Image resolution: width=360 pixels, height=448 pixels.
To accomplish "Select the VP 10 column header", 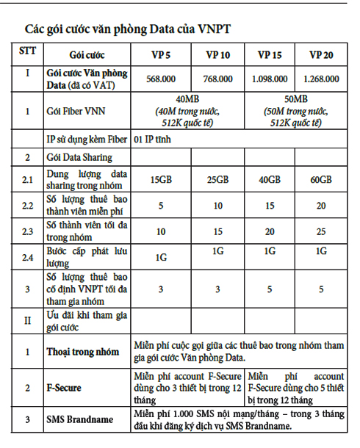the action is point(217,55).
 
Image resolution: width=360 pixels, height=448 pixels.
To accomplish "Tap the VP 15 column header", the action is point(270,55).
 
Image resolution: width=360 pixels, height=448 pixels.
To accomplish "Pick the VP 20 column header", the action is point(322,55).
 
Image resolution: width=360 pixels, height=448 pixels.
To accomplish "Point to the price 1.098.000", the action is point(270,79).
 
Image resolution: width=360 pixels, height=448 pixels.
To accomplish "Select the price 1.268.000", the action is point(322,79).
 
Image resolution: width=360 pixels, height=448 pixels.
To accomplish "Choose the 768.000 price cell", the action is point(217,79).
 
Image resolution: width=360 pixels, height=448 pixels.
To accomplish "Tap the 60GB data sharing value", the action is point(321,180).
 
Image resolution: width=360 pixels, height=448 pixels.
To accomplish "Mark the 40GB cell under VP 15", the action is point(270,180).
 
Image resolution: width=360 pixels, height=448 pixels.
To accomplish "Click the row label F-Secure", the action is point(64,386).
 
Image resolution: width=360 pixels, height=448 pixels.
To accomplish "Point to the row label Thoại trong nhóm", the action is point(82,352).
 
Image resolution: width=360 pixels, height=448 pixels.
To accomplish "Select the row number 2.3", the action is point(27,232).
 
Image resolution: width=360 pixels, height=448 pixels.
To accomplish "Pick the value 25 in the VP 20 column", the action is point(321,232).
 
